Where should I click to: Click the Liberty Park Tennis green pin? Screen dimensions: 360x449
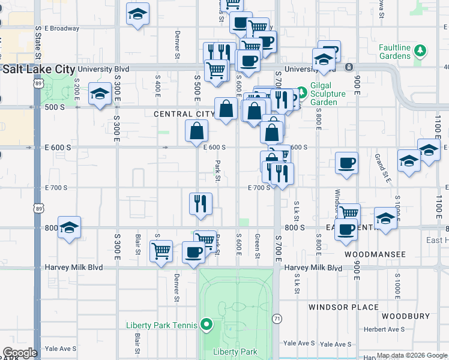point(207,325)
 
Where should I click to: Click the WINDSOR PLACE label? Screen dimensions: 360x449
point(343,307)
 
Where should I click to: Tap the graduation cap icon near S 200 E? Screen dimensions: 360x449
point(100,94)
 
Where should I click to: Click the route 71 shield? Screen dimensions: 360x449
point(277,317)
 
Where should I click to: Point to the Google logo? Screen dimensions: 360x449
point(20,353)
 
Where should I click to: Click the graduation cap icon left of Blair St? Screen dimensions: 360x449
point(69,227)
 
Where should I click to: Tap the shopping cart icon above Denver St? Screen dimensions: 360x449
point(161,251)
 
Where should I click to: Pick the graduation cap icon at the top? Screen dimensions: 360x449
point(137,14)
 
